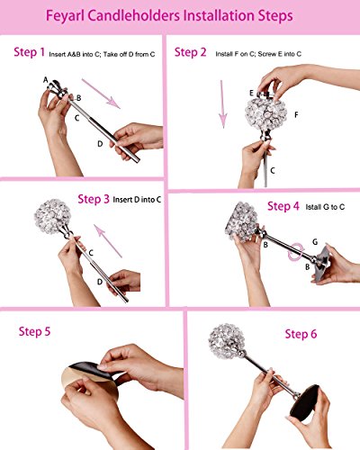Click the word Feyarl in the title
click(x=65, y=16)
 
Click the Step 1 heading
click(x=29, y=52)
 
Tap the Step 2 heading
click(x=190, y=52)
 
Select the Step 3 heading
click(x=94, y=199)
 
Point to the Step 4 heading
click(x=283, y=206)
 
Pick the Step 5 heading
click(x=34, y=331)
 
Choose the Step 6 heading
click(x=301, y=334)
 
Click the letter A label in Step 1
click(x=46, y=80)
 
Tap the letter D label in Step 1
click(x=100, y=144)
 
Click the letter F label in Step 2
click(x=296, y=115)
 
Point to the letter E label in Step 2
click(x=251, y=93)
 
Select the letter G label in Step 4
click(x=315, y=242)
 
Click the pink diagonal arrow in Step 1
click(x=101, y=94)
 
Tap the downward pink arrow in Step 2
click(x=222, y=104)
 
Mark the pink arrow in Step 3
click(x=108, y=241)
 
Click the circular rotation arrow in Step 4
click(x=296, y=252)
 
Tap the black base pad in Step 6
click(x=304, y=402)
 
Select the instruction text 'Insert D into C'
click(x=137, y=200)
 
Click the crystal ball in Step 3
click(x=52, y=216)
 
